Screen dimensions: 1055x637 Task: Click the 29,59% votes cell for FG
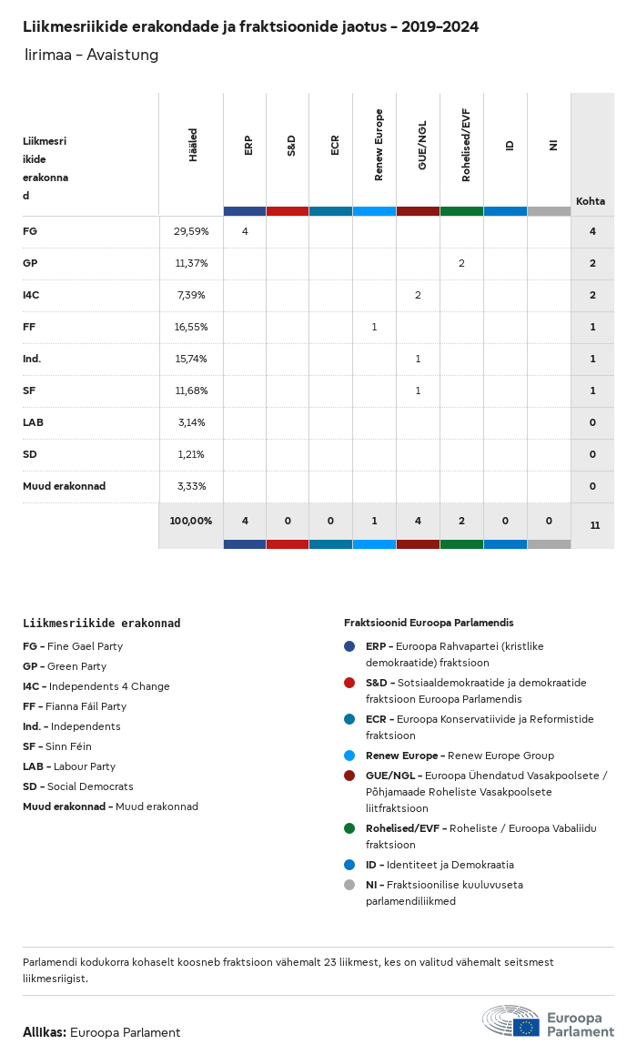pyautogui.click(x=191, y=231)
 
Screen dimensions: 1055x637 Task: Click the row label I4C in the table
pyautogui.click(x=31, y=295)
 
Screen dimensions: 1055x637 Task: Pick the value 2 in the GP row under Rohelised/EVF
pyautogui.click(x=461, y=263)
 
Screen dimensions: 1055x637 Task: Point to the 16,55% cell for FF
pyautogui.click(x=191, y=327)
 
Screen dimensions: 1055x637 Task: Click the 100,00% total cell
pyautogui.click(x=191, y=521)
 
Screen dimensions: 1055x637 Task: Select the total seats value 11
pyautogui.click(x=594, y=525)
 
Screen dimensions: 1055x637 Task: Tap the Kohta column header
pyautogui.click(x=591, y=201)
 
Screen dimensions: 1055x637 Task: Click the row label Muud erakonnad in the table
pyautogui.click(x=64, y=486)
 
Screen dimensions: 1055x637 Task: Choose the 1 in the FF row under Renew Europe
pyautogui.click(x=374, y=327)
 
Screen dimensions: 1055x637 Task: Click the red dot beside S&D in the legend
pyautogui.click(x=349, y=683)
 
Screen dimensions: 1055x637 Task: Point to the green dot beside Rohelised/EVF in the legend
pyautogui.click(x=349, y=828)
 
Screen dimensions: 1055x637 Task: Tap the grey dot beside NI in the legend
pyautogui.click(x=349, y=885)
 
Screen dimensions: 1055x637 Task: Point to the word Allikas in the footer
pyautogui.click(x=44, y=1032)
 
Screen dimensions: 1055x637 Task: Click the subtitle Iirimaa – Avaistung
pyautogui.click(x=92, y=56)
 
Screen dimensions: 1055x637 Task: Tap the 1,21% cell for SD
pyautogui.click(x=191, y=454)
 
